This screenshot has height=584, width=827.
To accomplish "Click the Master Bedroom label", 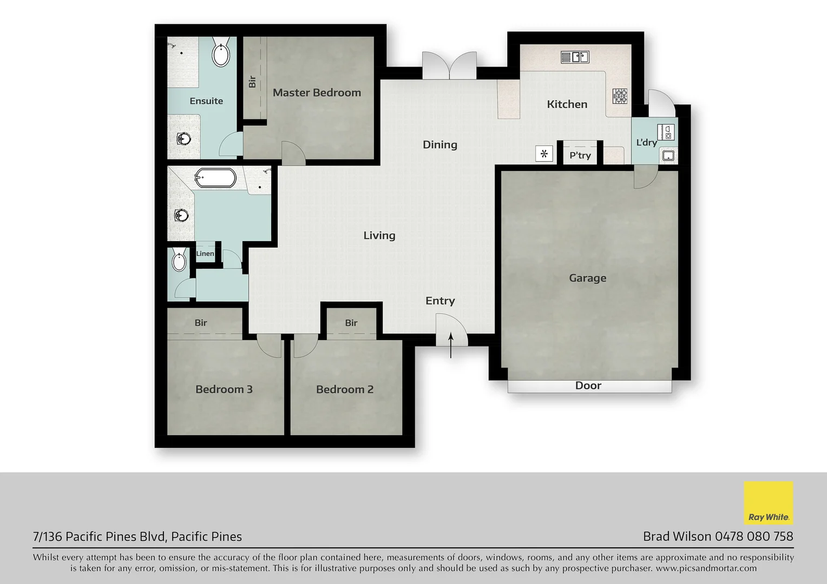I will coord(317,92).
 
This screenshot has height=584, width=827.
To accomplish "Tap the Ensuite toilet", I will coord(221,52).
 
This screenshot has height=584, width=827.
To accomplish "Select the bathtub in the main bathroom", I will coord(215,178).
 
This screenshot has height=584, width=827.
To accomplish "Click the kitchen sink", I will coord(575,56).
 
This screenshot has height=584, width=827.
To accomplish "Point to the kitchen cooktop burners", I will coord(620,96).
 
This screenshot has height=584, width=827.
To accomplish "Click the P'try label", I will coord(580,156).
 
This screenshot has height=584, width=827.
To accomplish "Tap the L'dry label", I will coord(646,142).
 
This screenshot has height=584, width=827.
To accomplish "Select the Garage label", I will coord(587,278).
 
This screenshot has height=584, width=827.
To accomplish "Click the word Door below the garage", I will coord(588,386).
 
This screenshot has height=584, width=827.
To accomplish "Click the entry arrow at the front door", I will coord(451,346).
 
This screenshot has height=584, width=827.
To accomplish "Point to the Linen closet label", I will coord(205,254).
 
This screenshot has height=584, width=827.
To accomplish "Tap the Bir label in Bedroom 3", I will coord(201,323).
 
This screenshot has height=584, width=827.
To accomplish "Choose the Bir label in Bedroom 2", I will coord(351,323).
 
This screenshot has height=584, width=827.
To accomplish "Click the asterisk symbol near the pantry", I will coord(544,154).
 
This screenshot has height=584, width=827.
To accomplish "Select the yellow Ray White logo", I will coord(768,503).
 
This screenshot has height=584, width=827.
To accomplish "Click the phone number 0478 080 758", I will coord(754,536).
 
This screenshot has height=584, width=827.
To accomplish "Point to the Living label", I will coord(379,235).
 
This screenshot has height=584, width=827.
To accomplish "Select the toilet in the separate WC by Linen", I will coord(179,261).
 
